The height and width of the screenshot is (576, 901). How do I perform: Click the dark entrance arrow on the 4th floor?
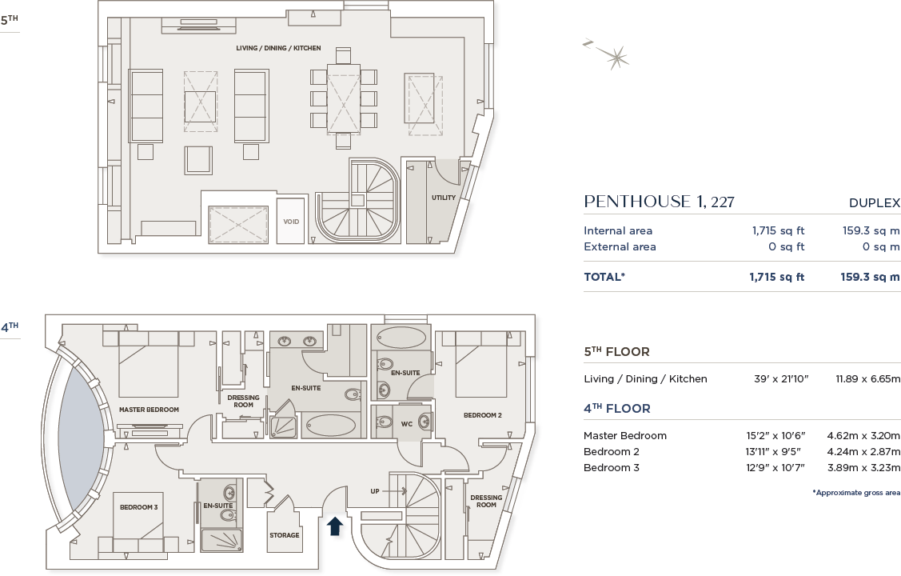(335, 526)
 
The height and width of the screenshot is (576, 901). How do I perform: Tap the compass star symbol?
(616, 57)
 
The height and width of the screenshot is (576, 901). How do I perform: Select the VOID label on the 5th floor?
(291, 222)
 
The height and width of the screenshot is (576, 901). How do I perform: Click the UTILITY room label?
(444, 198)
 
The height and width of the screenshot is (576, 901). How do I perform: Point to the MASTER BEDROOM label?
(149, 410)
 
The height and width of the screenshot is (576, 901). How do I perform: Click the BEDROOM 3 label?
(139, 507)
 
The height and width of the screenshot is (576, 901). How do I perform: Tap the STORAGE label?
(285, 535)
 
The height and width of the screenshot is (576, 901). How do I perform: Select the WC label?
(406, 423)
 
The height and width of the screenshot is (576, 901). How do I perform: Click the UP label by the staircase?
(375, 491)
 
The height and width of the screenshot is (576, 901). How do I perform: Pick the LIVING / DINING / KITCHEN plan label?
(278, 49)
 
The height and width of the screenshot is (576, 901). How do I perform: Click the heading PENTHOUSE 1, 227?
(659, 202)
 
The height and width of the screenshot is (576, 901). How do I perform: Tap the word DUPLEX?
(875, 203)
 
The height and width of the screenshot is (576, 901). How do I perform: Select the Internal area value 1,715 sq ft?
(778, 231)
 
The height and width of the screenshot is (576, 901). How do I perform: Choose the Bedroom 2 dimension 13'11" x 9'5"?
(775, 452)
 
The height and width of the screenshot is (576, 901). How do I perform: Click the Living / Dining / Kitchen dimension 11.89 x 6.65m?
(867, 379)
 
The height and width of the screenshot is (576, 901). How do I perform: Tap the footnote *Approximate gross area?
(856, 493)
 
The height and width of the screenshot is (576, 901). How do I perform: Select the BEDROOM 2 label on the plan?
(483, 415)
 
